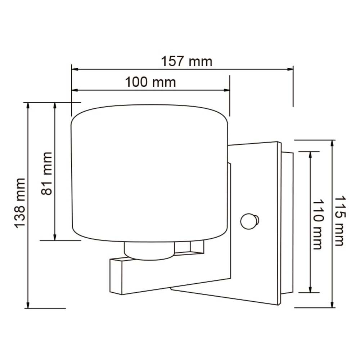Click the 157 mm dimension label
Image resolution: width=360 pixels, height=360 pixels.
tap(186, 62)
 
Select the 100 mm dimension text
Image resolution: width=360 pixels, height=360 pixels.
tap(150, 82)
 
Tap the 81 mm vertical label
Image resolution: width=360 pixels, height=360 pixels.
tap(47, 174)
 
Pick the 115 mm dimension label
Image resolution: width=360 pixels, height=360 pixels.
tap(339, 221)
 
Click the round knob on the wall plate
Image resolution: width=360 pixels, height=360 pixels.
tap(248, 221)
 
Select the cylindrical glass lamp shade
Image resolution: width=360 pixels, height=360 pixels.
tap(150, 173)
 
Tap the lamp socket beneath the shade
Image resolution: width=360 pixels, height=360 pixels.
tap(149, 251)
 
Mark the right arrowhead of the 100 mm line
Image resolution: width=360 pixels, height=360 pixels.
tap(226, 90)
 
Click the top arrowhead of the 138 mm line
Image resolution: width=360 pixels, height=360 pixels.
tap(28, 105)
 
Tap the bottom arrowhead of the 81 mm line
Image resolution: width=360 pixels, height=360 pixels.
tap(55, 237)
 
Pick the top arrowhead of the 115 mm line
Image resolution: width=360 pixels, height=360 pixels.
tap(332, 143)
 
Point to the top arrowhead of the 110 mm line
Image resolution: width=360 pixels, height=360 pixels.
tap(310, 154)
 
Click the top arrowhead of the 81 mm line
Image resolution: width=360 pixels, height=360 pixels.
tap(55, 105)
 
